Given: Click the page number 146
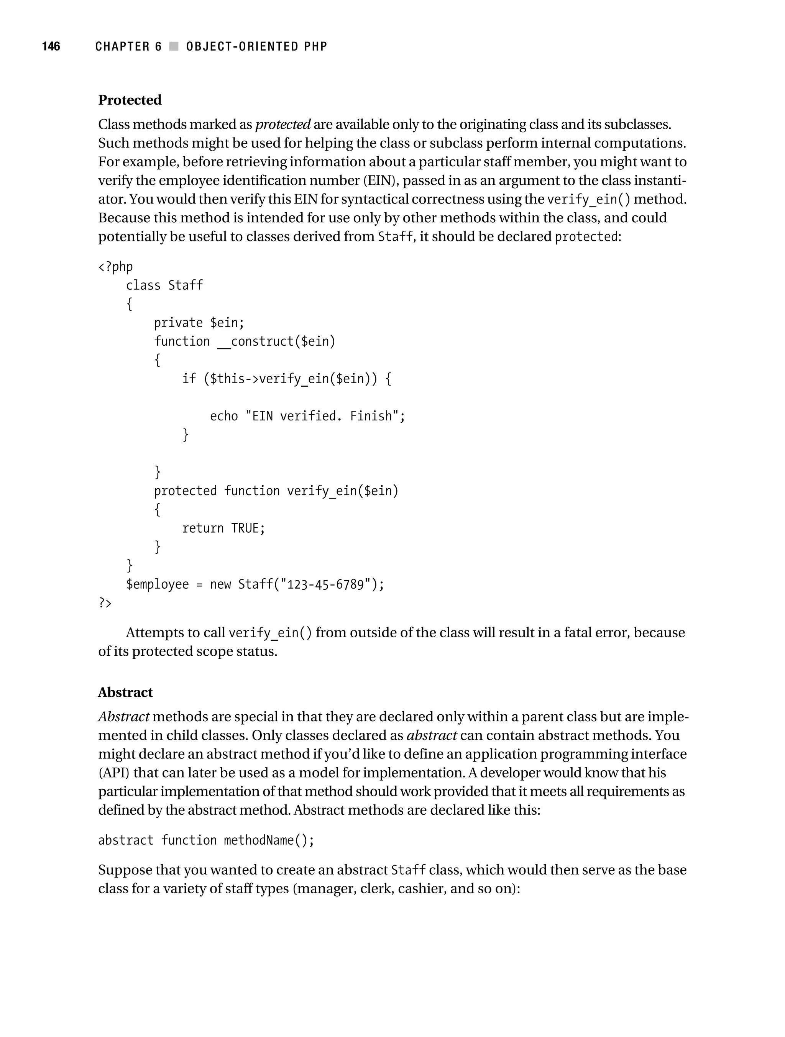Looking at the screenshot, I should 51,46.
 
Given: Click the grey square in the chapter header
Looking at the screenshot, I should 174,46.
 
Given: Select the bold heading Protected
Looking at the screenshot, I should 130,100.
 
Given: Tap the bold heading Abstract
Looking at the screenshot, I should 125,692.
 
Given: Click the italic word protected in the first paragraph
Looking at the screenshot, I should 283,125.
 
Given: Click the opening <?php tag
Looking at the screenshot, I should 115,267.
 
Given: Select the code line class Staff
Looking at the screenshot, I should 164,285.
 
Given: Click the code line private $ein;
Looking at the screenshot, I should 199,323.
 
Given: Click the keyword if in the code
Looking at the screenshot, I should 189,379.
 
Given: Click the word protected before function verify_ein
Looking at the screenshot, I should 185,491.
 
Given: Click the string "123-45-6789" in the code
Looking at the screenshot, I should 325,584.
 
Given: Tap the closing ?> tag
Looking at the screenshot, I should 105,603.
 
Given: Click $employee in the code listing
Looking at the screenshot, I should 157,584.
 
